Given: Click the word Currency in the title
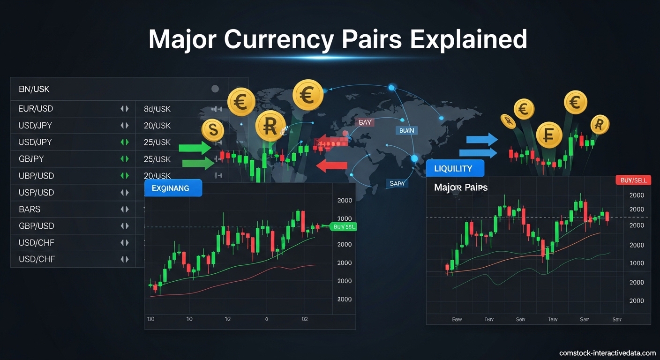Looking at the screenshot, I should click(281, 39).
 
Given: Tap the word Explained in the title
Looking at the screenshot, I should click(468, 39).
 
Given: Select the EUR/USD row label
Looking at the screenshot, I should click(36, 109).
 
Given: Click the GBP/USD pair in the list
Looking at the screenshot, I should click(36, 226).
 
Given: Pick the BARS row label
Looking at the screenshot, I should click(30, 209).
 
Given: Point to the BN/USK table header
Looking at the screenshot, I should click(34, 89).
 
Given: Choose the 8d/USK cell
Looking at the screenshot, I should click(157, 109).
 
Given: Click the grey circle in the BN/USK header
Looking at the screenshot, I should click(215, 89).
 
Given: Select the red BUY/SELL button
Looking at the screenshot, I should click(633, 180).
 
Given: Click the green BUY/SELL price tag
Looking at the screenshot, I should click(344, 227).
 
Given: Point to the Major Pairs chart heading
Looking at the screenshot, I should click(461, 187).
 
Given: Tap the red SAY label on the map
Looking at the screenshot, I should click(365, 122).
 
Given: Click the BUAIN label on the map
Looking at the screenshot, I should click(406, 130).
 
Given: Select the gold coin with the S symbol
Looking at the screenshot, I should click(213, 130).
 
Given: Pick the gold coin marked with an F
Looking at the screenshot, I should click(548, 135).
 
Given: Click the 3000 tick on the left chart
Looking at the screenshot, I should click(345, 218).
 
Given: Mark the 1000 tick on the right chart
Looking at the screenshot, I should click(637, 263).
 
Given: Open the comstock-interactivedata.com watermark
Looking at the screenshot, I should click(607, 353).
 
